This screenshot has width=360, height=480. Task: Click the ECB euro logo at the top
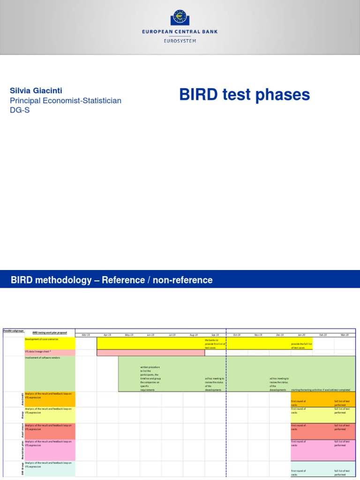[180, 17]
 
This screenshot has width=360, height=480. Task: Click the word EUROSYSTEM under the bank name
[180, 41]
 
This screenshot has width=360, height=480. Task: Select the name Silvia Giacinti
[36, 90]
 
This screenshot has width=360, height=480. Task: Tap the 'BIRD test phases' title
[244, 95]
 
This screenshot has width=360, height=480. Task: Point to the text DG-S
[20, 111]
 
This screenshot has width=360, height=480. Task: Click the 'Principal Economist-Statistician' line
[66, 100]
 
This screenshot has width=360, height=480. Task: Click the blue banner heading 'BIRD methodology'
[112, 280]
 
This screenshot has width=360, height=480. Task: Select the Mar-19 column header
[86, 335]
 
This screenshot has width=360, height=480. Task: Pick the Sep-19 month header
[215, 335]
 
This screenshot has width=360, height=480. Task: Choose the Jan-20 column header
[301, 335]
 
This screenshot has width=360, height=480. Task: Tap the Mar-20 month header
[345, 335]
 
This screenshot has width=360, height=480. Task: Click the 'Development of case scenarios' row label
[42, 339]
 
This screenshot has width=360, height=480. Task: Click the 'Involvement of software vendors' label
[43, 358]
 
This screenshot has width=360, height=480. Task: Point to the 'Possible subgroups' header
[13, 330]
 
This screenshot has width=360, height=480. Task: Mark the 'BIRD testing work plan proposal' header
[50, 332]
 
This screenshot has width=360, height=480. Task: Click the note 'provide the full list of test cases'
[299, 346]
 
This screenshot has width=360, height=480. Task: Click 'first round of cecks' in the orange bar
[298, 403]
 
